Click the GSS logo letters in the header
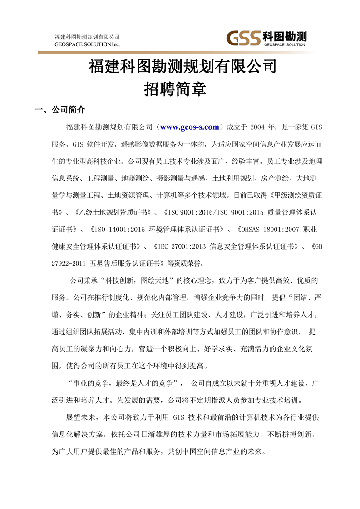(x=244, y=37)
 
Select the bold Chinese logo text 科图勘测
(x=284, y=35)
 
